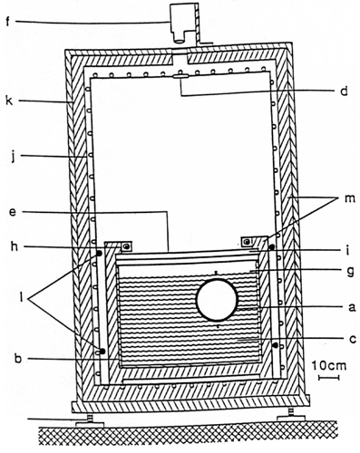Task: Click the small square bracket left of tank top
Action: (x=126, y=246)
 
